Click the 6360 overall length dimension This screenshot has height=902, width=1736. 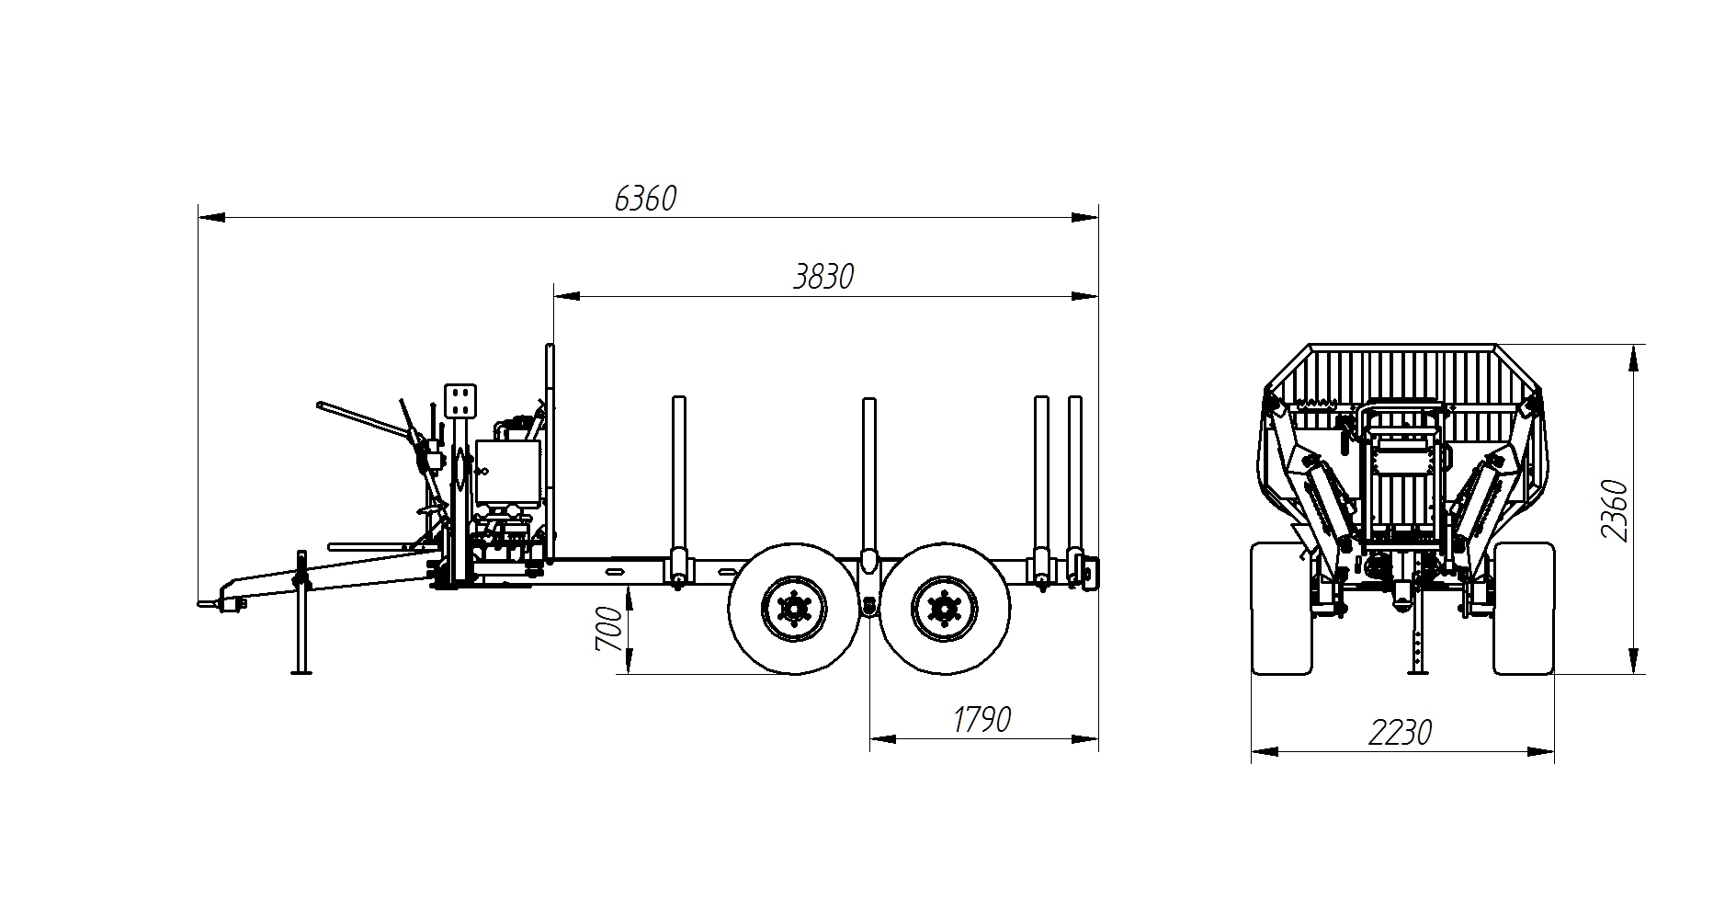tap(644, 199)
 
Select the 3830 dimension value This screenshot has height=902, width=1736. tap(823, 277)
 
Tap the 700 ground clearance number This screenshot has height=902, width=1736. tap(609, 629)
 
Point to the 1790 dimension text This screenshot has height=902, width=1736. tap(981, 720)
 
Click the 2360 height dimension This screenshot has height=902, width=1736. tap(1614, 511)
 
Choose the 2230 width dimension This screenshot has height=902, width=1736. tap(1401, 733)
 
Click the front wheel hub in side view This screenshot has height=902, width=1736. tap(793, 608)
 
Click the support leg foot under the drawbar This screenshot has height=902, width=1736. tap(301, 671)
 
